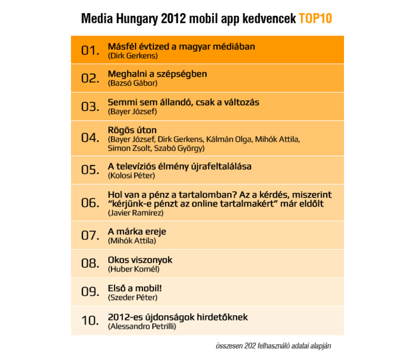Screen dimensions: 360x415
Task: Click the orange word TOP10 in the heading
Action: (315, 19)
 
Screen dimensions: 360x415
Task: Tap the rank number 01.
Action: (90, 50)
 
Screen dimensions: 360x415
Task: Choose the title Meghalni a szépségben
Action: (157, 74)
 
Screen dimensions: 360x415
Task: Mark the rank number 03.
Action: (90, 107)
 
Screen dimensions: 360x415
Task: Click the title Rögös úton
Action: (132, 130)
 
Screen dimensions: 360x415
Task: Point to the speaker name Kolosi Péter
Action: (132, 176)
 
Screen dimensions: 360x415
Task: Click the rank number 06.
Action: (90, 203)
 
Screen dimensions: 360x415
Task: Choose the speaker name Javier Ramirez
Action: (136, 213)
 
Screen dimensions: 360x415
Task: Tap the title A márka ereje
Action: (137, 232)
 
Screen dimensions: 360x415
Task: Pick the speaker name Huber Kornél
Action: (134, 269)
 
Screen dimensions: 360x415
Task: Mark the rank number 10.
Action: (90, 321)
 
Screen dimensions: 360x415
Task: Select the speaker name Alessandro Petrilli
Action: (144, 326)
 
